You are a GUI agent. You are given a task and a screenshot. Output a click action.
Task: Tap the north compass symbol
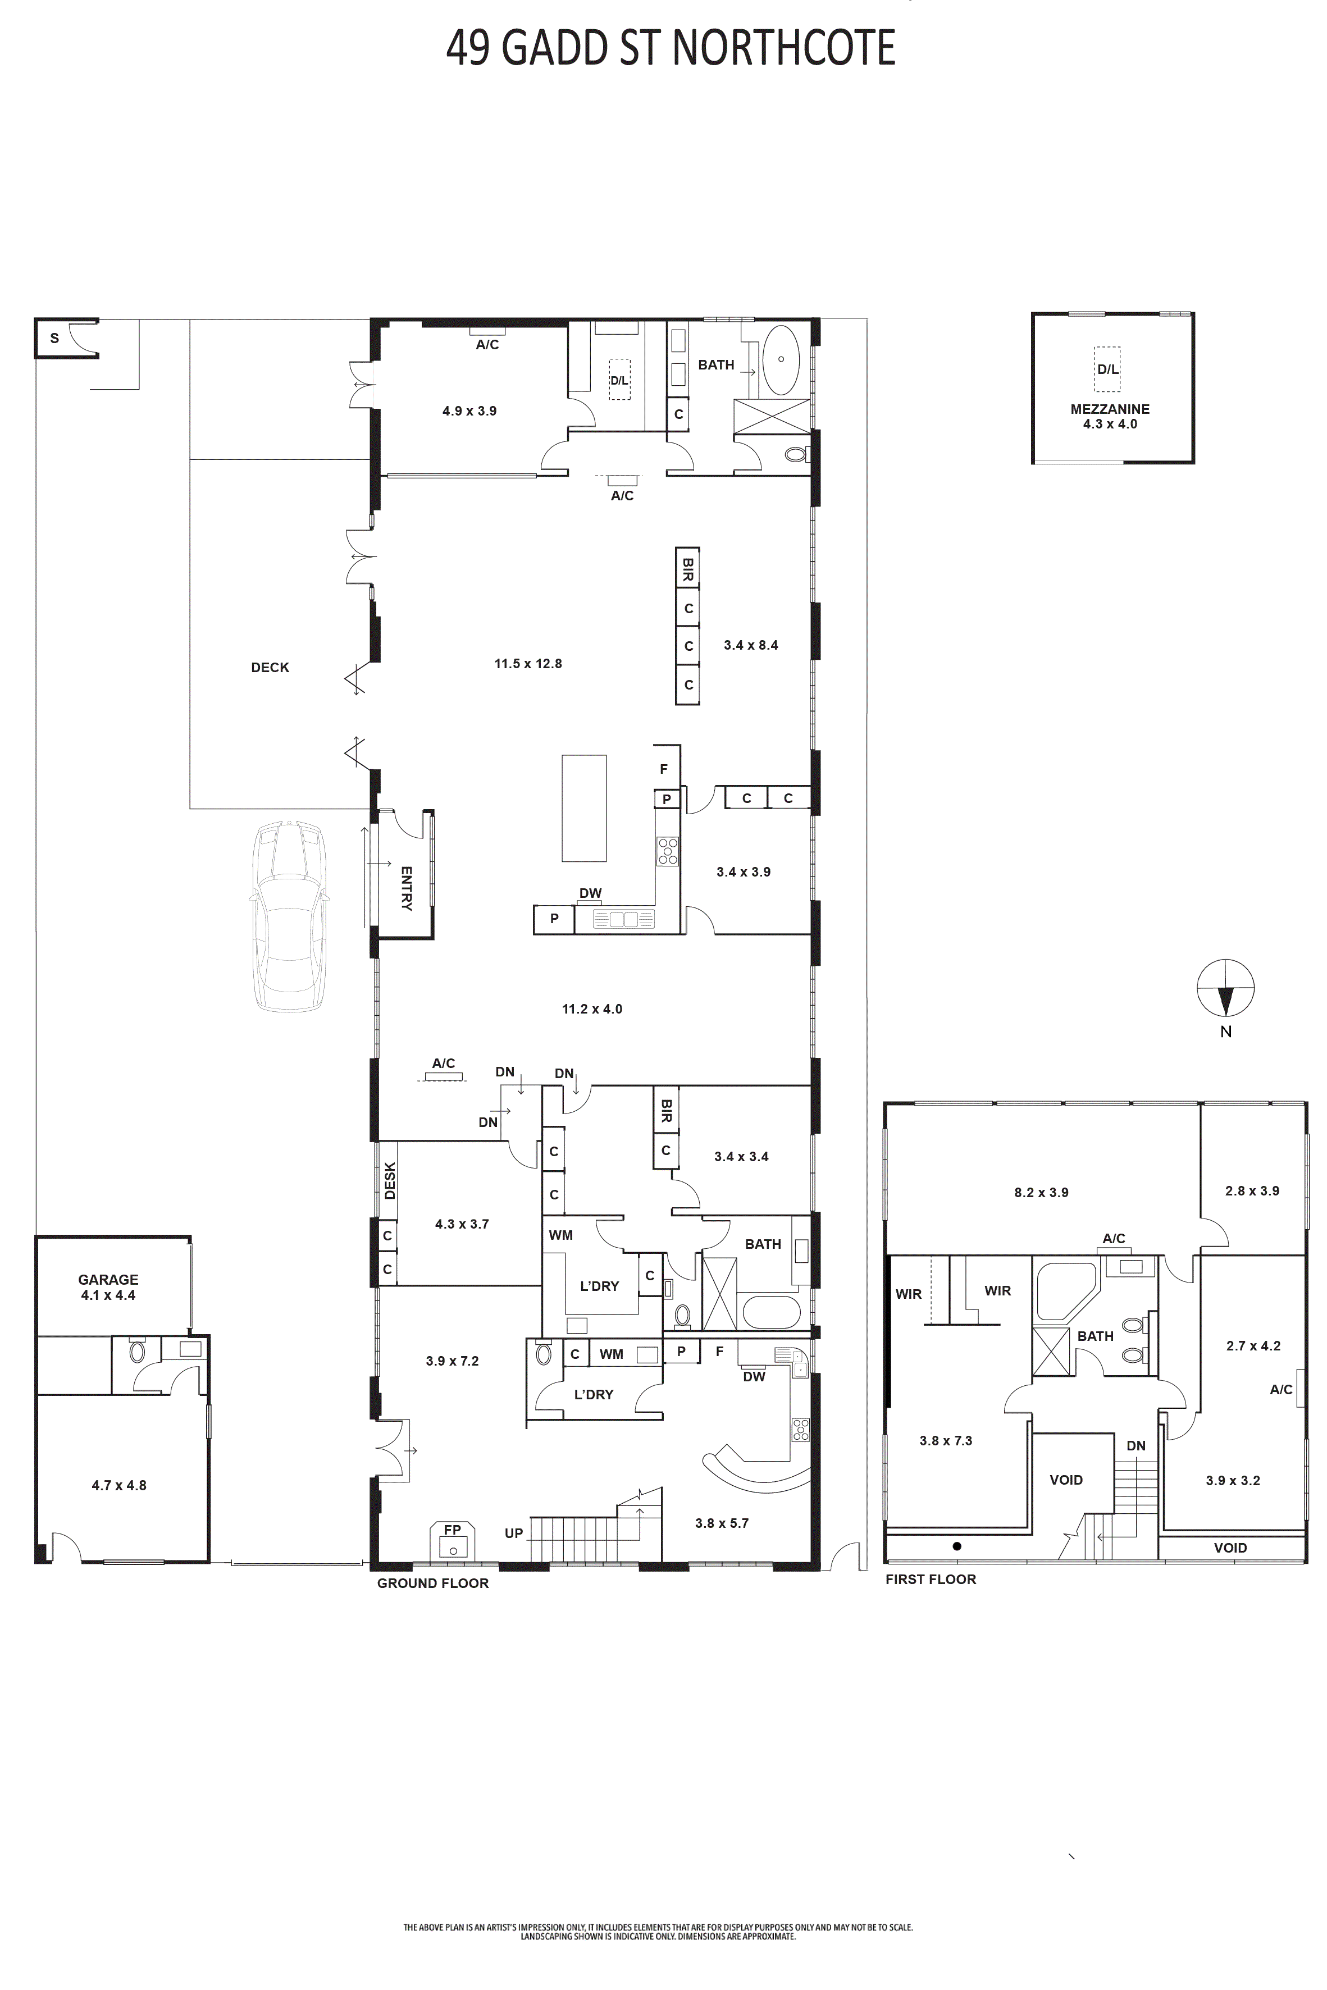coord(1225,988)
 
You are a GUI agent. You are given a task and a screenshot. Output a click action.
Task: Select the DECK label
coord(270,668)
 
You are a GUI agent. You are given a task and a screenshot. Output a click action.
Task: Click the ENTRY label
coord(406,888)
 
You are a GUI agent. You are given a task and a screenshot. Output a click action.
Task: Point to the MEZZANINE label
coord(1110,409)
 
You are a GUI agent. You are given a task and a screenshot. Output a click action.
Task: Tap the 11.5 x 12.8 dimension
coord(528,663)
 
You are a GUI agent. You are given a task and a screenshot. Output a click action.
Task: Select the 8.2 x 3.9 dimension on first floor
coord(1041,1192)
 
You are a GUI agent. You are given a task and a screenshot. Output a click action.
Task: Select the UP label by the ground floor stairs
coord(514,1533)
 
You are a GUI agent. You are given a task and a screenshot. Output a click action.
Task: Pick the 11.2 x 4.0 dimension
coord(591,1008)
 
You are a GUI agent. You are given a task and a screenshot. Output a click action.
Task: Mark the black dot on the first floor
coord(957,1546)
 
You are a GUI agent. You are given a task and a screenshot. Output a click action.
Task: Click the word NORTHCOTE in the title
coord(783,48)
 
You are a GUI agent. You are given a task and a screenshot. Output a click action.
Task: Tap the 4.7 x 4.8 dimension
coord(118,1485)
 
